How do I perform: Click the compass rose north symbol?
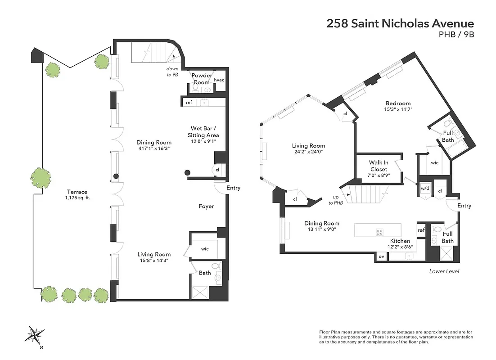click(x=35, y=335)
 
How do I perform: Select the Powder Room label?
click(x=202, y=79)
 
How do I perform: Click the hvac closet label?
click(x=219, y=80)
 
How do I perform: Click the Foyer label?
click(x=206, y=207)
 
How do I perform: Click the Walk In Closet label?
click(x=378, y=166)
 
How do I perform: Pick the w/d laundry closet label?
click(x=424, y=189)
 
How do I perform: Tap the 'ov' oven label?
click(x=381, y=256)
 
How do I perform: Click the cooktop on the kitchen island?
click(x=379, y=232)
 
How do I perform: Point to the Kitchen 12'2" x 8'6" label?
click(x=400, y=244)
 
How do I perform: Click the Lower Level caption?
click(x=444, y=271)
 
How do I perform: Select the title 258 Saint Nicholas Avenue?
click(x=400, y=23)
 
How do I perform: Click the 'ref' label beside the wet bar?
click(x=189, y=103)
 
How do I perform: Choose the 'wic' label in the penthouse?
click(x=205, y=248)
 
